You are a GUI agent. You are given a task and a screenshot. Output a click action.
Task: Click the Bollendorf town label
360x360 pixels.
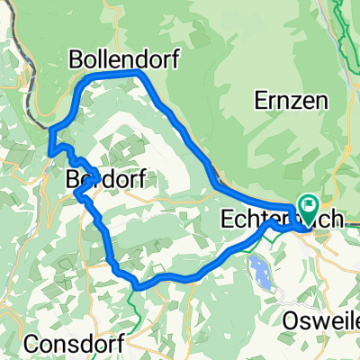123,59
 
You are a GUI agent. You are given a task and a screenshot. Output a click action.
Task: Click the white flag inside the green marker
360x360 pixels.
309,206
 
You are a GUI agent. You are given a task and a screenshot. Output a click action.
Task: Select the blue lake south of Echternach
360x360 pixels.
262,268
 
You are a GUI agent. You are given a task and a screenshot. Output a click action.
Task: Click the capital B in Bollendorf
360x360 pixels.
76,59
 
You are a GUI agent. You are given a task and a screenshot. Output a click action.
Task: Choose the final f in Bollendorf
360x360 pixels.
174,59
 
